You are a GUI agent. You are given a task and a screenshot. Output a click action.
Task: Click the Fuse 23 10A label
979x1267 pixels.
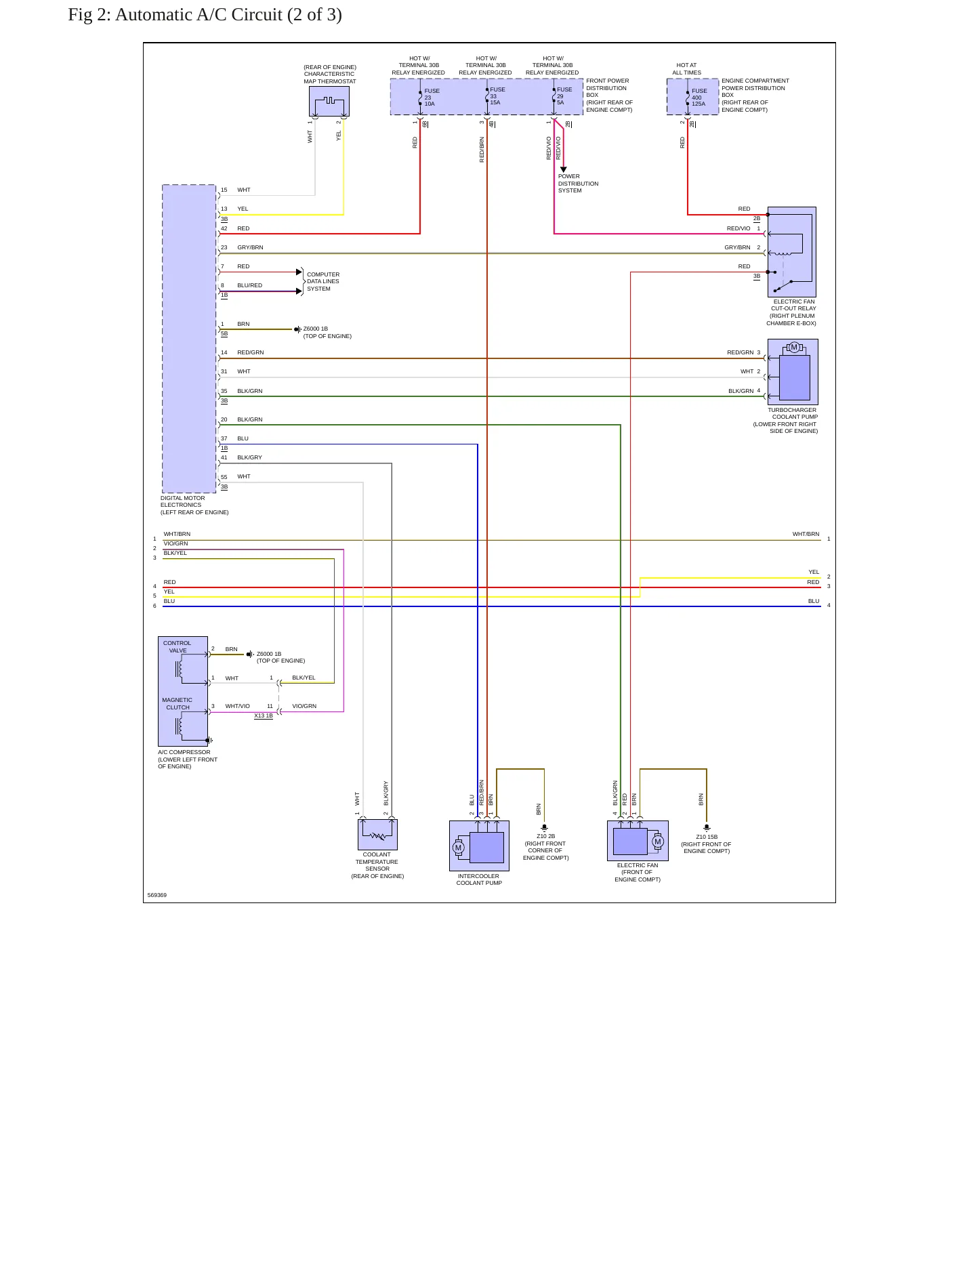click(x=432, y=97)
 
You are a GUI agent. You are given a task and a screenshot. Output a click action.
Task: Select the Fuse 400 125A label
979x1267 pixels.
click(x=699, y=97)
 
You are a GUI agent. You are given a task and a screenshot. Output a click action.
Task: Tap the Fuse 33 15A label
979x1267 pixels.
click(x=498, y=96)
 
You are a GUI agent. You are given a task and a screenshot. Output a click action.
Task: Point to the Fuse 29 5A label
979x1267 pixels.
click(x=564, y=96)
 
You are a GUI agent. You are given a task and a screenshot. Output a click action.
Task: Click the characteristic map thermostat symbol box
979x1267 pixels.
click(x=329, y=102)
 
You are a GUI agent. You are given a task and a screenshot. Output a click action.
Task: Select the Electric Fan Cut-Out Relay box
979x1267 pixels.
click(x=791, y=251)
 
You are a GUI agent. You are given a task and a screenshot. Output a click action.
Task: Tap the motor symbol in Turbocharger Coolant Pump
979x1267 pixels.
click(x=794, y=348)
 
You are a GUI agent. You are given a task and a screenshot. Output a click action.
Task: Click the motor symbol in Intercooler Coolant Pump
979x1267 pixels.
click(x=458, y=848)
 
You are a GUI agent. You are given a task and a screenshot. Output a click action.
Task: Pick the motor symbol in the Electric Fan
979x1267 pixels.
click(x=657, y=842)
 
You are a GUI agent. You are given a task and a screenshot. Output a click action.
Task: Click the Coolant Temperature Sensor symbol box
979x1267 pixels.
click(x=377, y=834)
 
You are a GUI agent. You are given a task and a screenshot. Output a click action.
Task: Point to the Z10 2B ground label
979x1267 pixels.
click(x=546, y=847)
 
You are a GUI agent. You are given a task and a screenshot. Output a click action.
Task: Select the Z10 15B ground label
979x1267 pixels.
click(x=707, y=844)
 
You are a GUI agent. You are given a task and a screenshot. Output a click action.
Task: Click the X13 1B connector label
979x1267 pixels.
click(x=264, y=715)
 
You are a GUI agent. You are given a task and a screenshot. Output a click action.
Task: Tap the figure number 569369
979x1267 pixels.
click(x=157, y=895)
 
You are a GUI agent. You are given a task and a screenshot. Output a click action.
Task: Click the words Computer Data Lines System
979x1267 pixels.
click(x=323, y=282)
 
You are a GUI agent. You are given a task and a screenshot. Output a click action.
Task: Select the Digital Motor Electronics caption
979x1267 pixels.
click(x=194, y=505)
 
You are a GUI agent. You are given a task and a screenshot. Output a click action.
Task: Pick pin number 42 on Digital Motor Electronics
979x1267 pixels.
click(x=224, y=228)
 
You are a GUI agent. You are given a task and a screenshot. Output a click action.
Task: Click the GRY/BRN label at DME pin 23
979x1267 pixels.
click(x=250, y=247)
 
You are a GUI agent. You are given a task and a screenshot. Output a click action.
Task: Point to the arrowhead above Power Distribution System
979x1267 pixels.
click(x=563, y=169)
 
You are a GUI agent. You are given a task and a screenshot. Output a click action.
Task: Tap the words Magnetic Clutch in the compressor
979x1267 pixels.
click(x=178, y=703)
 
